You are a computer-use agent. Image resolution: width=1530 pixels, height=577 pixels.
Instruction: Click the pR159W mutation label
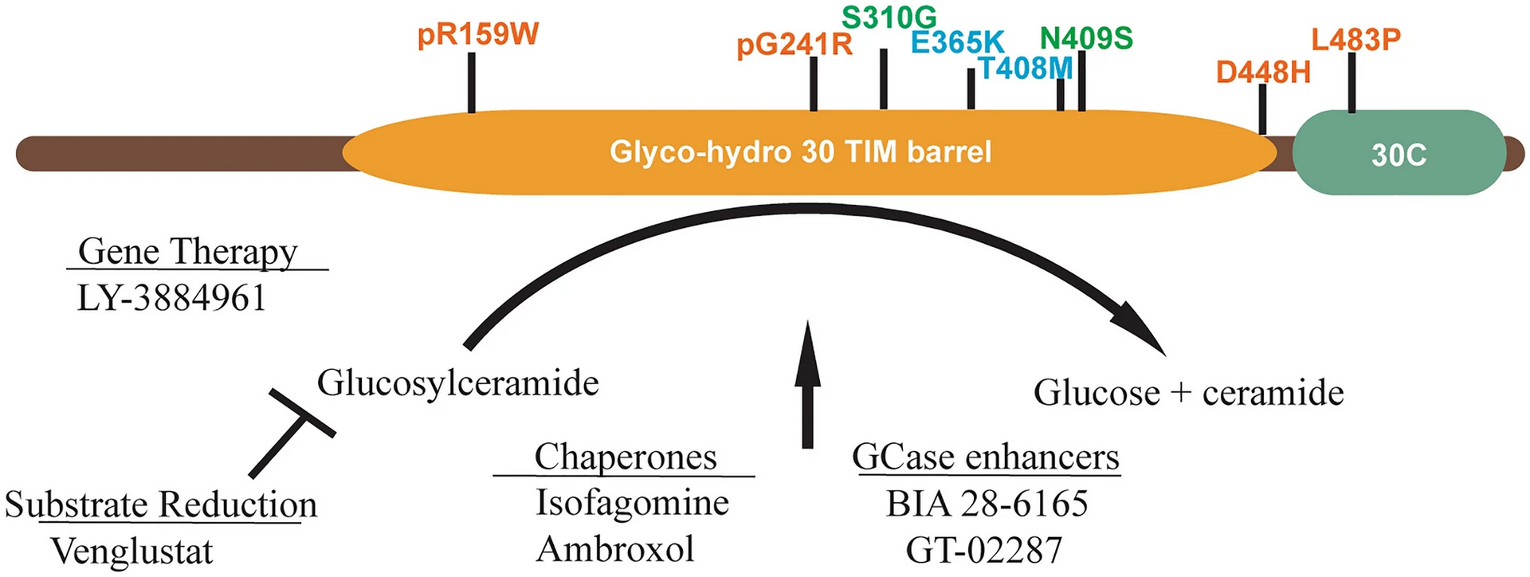coord(478,34)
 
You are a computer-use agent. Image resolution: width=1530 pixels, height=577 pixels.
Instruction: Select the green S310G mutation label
coord(889,17)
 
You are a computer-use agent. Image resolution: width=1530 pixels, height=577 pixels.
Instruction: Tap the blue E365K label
coord(957,42)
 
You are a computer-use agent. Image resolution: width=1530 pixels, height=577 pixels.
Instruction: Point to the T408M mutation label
coord(1026,69)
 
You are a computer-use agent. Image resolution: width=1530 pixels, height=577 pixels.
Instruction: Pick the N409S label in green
coord(1086,37)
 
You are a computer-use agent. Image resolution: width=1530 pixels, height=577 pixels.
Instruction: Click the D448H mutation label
coord(1263,73)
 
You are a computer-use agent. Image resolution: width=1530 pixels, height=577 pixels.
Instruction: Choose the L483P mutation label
coord(1355,38)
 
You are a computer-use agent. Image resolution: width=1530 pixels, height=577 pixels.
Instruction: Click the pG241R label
coord(794,44)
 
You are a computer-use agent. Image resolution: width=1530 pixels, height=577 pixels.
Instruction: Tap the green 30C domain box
coord(1399,153)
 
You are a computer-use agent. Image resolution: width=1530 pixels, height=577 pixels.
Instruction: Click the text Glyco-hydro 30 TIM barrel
coord(800,151)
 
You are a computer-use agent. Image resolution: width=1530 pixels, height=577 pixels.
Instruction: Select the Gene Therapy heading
coord(188,251)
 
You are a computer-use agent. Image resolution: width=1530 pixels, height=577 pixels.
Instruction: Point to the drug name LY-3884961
coord(171,298)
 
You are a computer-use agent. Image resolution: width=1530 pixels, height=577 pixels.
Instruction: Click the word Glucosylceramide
coord(457,383)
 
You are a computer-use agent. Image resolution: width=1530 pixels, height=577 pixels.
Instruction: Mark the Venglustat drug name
coord(132,551)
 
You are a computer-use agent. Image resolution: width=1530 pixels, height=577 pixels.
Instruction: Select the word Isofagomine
coord(632,503)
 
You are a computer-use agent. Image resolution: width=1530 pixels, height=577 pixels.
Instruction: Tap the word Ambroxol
coord(615,549)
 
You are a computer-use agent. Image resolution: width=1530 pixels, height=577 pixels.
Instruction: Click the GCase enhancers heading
coord(986,457)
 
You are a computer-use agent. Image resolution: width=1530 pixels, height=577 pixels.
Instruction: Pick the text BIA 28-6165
coord(987,503)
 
